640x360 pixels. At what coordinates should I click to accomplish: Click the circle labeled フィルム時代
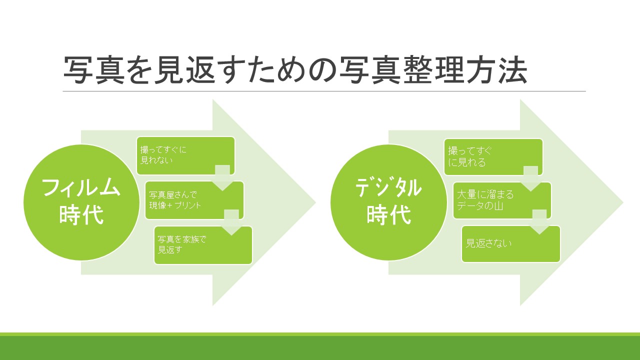pos(81,202)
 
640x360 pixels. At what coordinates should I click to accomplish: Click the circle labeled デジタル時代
pos(389,202)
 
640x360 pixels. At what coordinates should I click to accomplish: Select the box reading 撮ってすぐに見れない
pos(185,155)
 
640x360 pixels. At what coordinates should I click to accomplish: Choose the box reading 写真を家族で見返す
pos(203,245)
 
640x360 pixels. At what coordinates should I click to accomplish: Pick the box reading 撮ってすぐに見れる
pos(493,157)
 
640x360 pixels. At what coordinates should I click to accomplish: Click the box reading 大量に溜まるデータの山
pos(502,200)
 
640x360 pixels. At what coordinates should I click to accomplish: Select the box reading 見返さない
pos(511,244)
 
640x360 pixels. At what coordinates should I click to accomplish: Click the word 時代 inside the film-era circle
pos(81,215)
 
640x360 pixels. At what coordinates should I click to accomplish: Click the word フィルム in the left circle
pos(81,188)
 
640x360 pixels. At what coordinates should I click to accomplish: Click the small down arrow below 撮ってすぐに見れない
pos(222,177)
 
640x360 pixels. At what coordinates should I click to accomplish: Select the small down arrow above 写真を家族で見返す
pos(231,222)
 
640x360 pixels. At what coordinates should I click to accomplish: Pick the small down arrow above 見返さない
pos(539,222)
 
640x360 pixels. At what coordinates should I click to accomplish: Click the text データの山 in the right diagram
pos(479,205)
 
